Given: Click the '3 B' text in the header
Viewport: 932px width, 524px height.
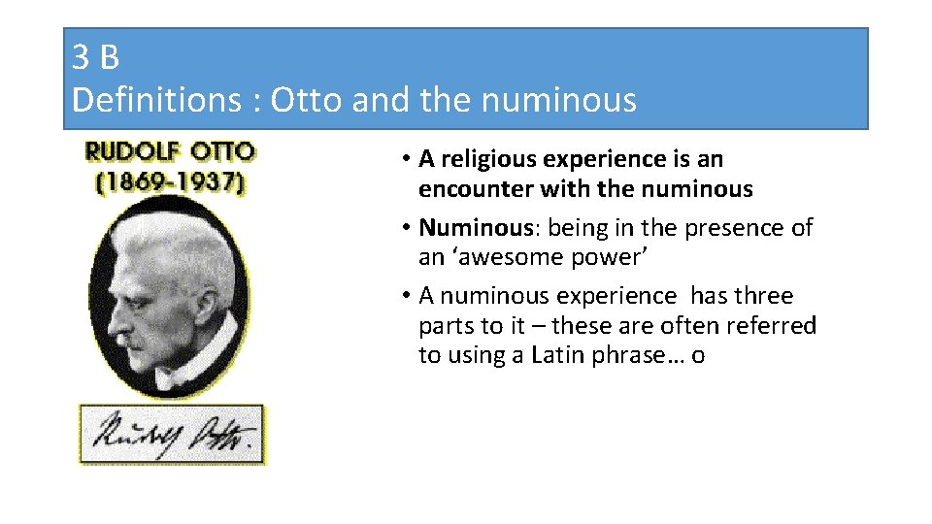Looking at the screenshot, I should point(95,58).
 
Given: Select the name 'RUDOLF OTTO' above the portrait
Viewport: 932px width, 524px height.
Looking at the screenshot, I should point(170,152).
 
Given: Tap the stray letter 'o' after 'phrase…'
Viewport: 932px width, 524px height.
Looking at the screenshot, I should point(698,356).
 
